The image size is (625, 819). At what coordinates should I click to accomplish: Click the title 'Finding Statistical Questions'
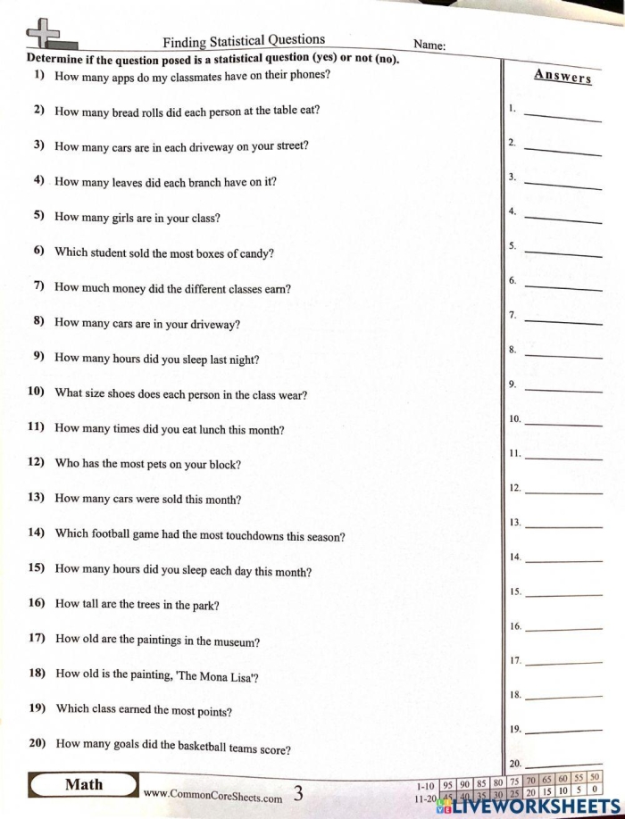click(x=244, y=40)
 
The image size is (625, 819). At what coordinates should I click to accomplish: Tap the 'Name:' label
click(x=429, y=45)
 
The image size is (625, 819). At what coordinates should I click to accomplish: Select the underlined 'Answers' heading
click(x=562, y=76)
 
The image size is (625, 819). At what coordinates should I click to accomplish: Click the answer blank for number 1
click(x=562, y=115)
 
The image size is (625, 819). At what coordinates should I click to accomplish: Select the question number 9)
click(x=39, y=357)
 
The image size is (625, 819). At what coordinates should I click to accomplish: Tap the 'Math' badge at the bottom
click(x=84, y=785)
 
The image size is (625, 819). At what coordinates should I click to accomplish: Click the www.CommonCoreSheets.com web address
click(x=212, y=793)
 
